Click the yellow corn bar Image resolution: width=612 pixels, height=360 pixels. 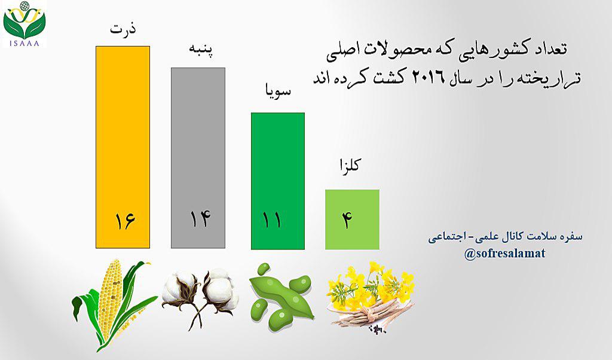[123, 147]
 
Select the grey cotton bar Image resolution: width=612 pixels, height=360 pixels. [198, 158]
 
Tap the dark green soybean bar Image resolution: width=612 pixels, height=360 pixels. [277, 181]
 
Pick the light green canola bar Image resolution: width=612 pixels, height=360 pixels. [352, 219]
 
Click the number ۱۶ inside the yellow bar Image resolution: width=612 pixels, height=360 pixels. [125, 221]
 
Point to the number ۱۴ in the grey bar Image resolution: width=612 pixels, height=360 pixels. [200, 219]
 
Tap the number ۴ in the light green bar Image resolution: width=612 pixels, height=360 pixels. [347, 220]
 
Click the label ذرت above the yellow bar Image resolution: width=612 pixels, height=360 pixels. [123, 29]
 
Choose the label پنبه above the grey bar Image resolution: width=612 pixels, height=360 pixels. [201, 51]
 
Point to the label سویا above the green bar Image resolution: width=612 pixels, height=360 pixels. [277, 90]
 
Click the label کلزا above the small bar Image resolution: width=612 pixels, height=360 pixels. [348, 166]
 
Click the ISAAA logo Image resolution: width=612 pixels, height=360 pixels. [24, 24]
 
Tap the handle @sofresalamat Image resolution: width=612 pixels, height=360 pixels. [504, 254]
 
